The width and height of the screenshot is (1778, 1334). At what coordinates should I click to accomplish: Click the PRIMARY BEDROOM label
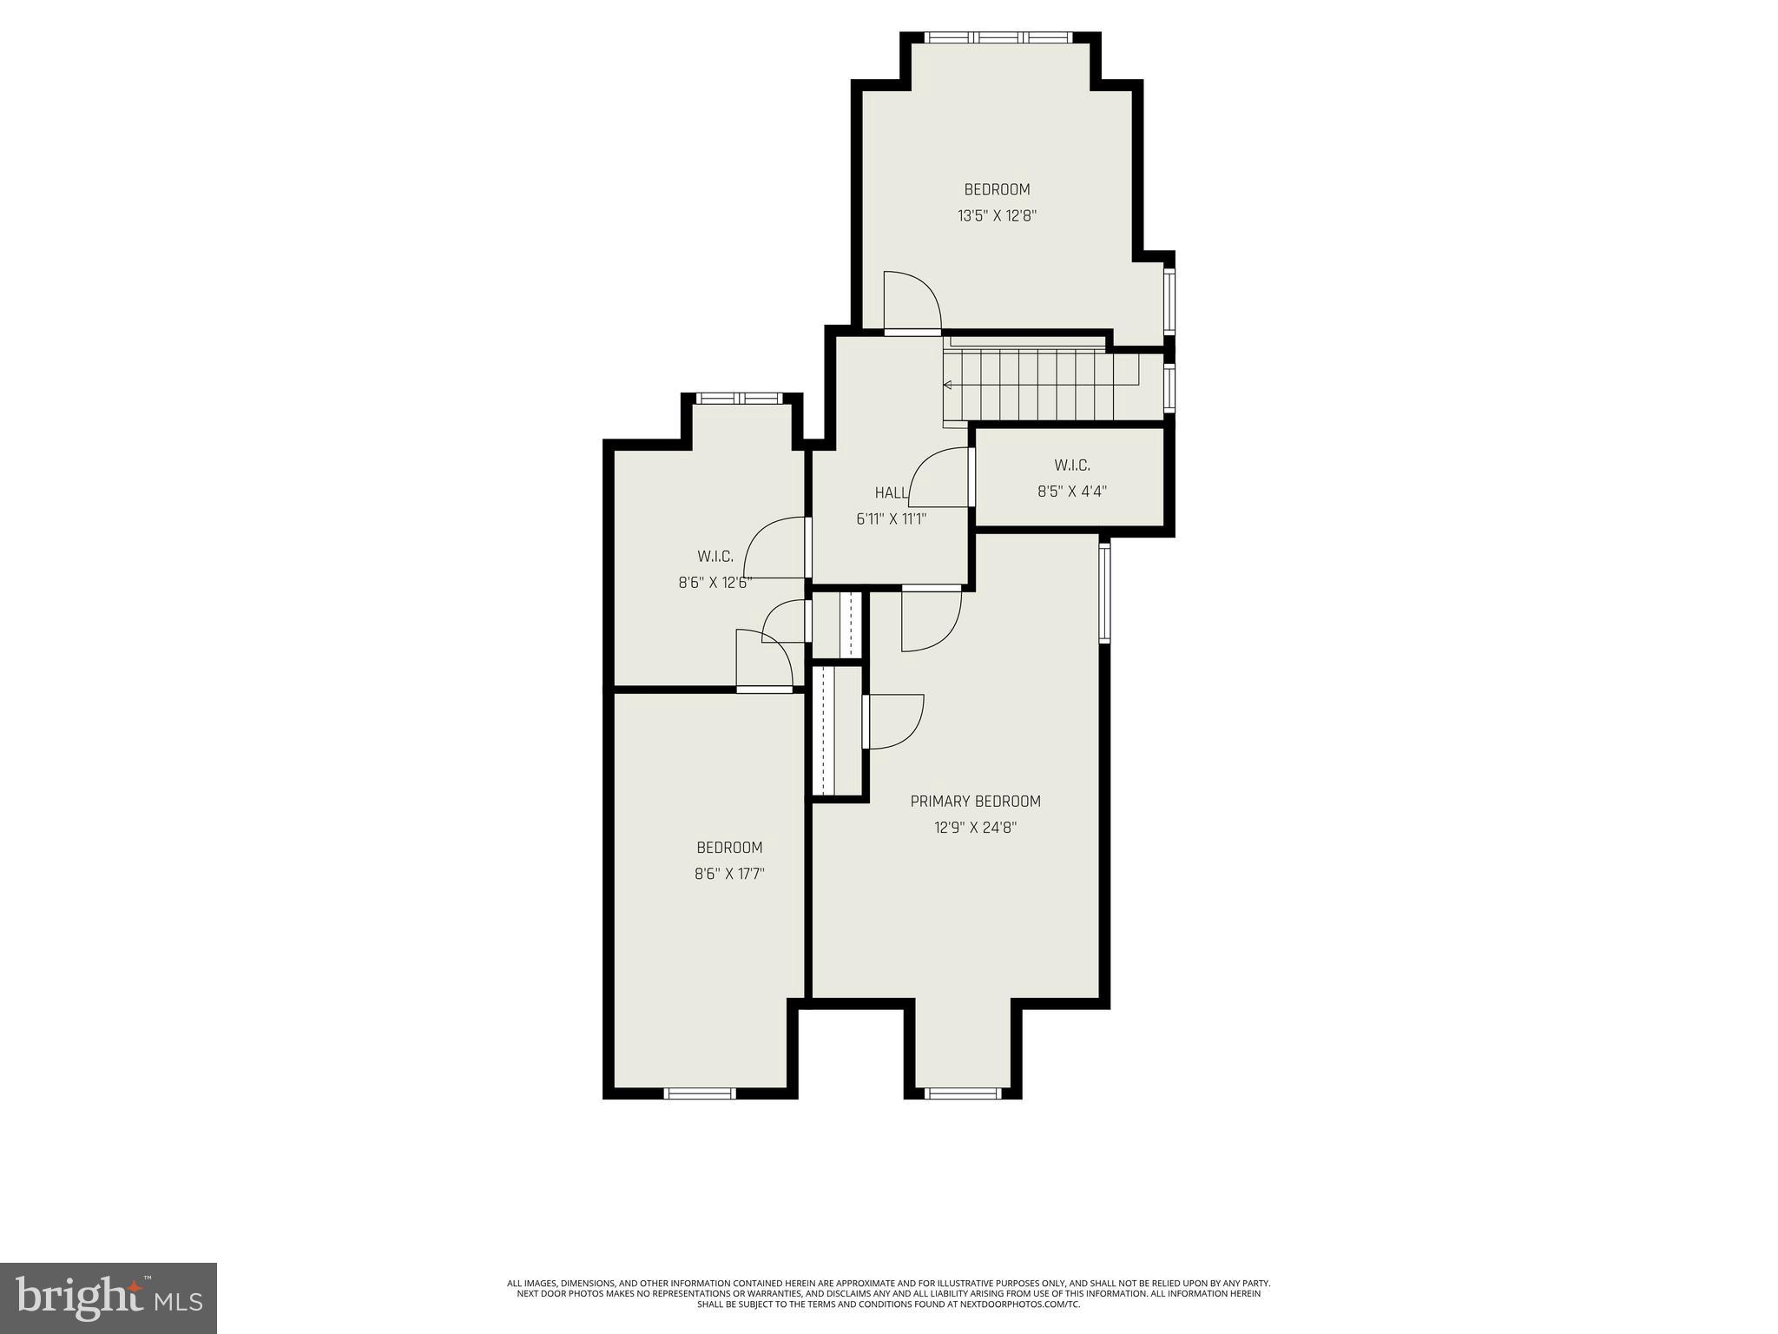(x=975, y=802)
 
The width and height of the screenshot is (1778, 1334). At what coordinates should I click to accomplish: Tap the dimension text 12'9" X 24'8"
(x=975, y=828)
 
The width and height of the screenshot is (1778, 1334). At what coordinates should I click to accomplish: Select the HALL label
(x=891, y=493)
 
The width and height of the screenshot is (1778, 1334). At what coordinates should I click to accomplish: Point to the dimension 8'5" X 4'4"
(x=1071, y=492)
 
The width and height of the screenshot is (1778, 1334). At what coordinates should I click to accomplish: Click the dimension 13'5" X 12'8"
(x=997, y=216)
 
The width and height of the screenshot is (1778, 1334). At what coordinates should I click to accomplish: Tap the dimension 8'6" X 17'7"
(x=729, y=874)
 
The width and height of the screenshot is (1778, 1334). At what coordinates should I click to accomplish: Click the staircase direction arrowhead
(x=947, y=385)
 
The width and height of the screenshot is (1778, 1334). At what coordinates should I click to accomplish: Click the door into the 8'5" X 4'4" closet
(x=941, y=478)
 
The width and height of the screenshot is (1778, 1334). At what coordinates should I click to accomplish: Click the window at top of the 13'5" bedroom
(x=998, y=37)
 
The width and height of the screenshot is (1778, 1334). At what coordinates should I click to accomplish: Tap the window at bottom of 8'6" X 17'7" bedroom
(x=700, y=1093)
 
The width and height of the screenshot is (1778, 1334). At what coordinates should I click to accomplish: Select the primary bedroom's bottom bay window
(x=962, y=1093)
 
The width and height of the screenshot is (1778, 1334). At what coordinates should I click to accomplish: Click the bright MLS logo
(x=109, y=1298)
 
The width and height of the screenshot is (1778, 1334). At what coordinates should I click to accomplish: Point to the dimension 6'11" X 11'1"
(x=891, y=519)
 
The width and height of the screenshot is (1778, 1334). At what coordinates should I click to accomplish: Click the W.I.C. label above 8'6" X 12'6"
(x=714, y=557)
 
